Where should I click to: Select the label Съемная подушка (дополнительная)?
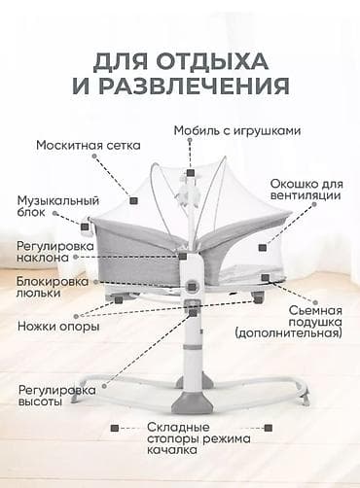[x=301, y=322]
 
